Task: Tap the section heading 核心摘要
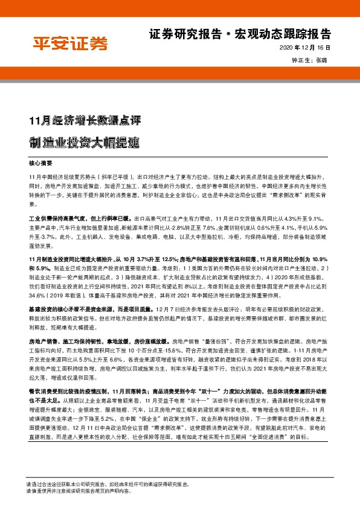[41, 163]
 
